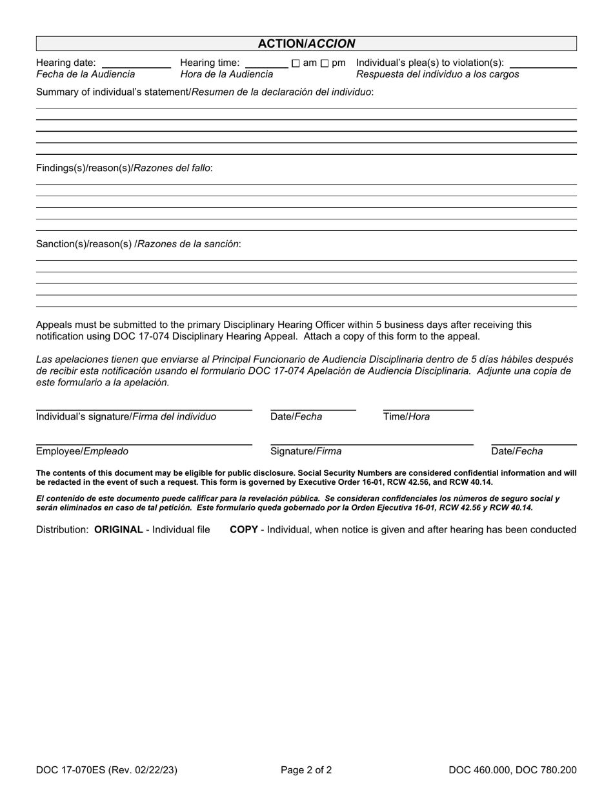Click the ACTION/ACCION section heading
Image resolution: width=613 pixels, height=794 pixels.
pos(306,44)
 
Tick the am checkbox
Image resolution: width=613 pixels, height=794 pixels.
pos(296,63)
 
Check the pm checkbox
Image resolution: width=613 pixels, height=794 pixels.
pos(325,63)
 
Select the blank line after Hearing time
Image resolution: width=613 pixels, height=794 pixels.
pos(266,65)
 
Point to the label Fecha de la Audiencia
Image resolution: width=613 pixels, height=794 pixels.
pos(86,74)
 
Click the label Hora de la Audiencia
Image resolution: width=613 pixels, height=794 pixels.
pos(226,74)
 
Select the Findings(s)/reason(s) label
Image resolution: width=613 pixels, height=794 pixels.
pos(124,168)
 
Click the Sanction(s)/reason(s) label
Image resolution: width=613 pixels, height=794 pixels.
pos(138,244)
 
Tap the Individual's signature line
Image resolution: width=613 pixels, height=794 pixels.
pos(144,409)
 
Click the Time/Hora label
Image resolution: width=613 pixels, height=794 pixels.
pos(407,417)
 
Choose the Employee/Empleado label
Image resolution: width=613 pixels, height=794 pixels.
pos(82,452)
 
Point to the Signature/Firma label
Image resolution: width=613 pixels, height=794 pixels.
pos(306,452)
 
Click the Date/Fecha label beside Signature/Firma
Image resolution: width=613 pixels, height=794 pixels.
pos(517,452)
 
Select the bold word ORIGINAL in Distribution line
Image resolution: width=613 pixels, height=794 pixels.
pos(119,530)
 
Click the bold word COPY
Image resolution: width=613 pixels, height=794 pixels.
pos(244,530)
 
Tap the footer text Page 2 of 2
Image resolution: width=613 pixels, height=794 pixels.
pos(306,769)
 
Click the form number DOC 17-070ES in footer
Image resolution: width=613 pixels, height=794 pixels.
pos(71,769)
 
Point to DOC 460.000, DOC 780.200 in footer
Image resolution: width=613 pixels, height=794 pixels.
pos(513,769)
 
